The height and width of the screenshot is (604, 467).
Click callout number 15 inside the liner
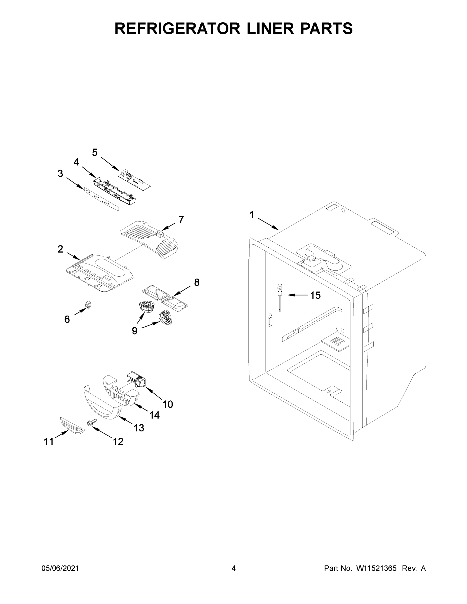coord(315,295)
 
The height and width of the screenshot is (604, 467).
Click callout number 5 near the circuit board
coord(95,152)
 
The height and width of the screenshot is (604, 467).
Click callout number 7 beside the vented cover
coord(181,220)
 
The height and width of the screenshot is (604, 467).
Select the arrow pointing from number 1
coord(268,224)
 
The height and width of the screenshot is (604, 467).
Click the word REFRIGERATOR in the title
coord(177,28)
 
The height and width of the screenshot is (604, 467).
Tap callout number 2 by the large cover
coord(60,249)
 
